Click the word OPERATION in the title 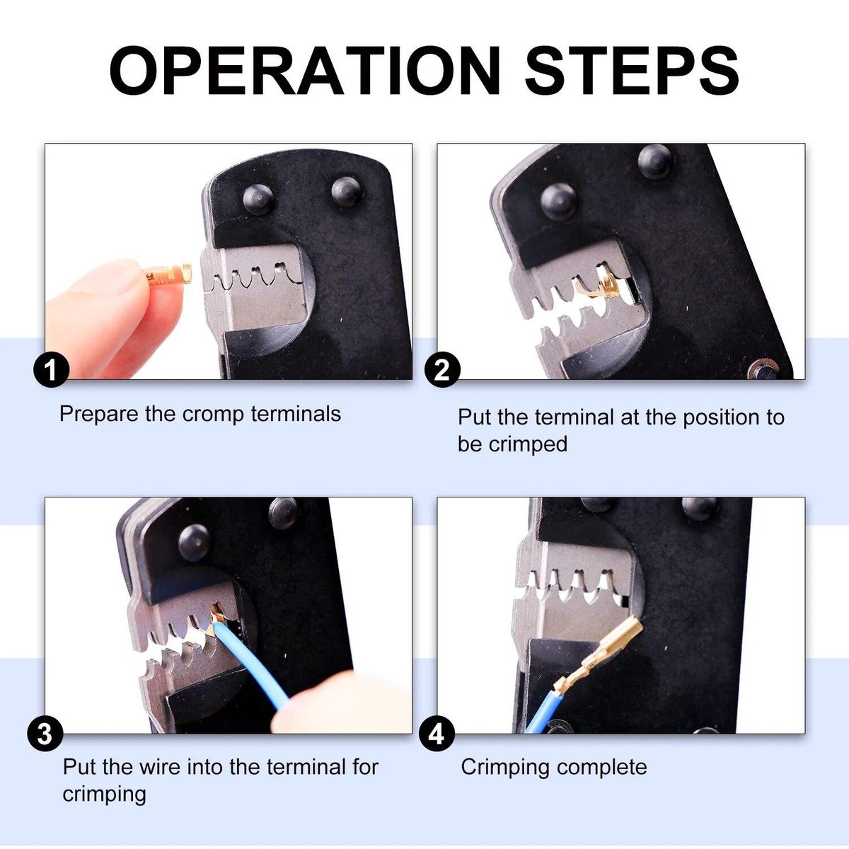click(305, 71)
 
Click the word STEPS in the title click(632, 71)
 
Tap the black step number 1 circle click(52, 369)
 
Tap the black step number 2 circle click(442, 369)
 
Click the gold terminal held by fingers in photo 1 click(169, 276)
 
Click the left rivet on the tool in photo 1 click(258, 200)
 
